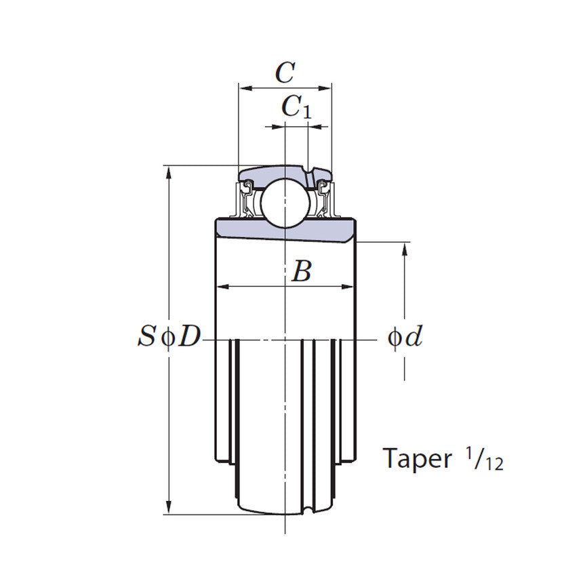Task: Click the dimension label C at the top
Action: (x=285, y=72)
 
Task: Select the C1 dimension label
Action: (x=296, y=107)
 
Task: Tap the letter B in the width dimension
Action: (x=301, y=273)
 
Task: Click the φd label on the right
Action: (x=405, y=337)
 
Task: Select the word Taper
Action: (x=417, y=459)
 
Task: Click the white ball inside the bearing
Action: (x=285, y=201)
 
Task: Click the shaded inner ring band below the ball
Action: (x=285, y=228)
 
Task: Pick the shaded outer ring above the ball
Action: (x=275, y=172)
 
